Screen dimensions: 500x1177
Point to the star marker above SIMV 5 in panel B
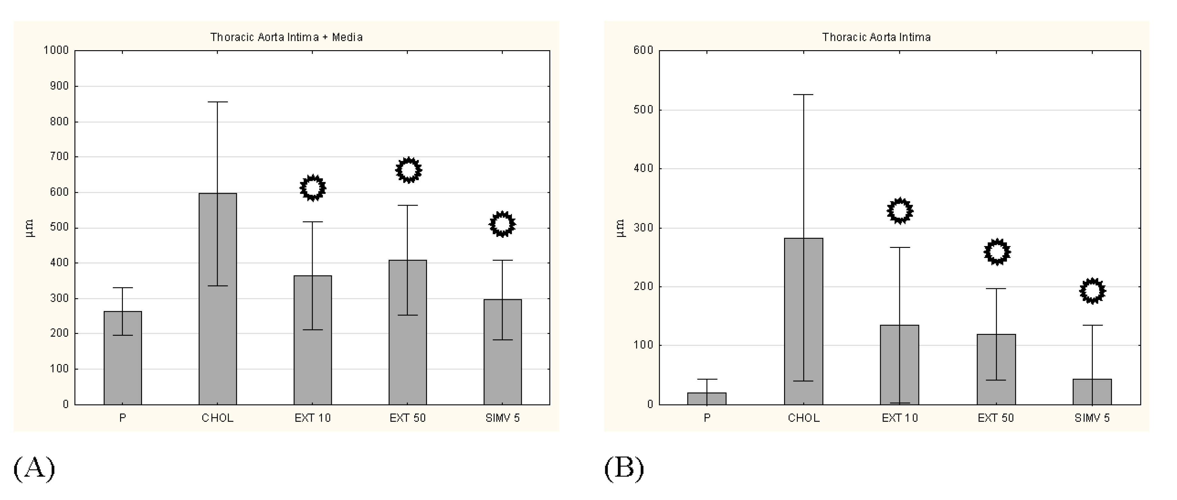click(1092, 291)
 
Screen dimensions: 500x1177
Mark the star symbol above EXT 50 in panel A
click(408, 170)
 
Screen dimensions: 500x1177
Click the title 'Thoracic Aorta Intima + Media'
click(286, 37)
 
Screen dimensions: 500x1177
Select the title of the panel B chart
click(876, 37)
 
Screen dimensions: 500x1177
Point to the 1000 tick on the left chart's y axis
click(56, 50)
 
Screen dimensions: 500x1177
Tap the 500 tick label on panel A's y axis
click(59, 227)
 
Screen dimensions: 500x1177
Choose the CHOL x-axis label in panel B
click(804, 418)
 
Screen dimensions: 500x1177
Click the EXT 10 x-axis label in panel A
click(313, 418)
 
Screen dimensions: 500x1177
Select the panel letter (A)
click(34, 468)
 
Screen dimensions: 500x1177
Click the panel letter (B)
click(624, 468)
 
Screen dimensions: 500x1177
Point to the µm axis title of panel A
click(29, 228)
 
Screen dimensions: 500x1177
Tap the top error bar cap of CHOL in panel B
click(804, 95)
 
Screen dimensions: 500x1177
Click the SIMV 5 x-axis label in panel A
click(503, 418)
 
